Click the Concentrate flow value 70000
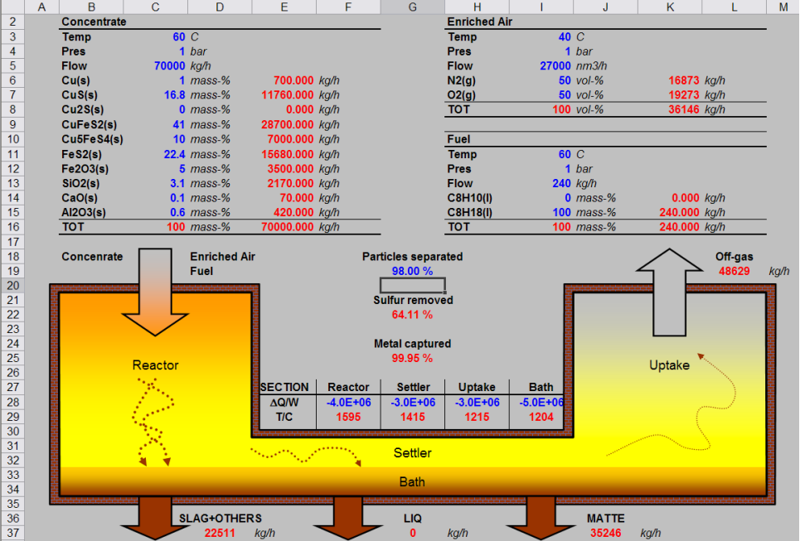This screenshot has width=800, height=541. [169, 66]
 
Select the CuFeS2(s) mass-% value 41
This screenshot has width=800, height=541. [178, 125]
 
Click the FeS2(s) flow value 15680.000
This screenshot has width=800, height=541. [287, 154]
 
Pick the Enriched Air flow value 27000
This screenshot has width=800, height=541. [555, 66]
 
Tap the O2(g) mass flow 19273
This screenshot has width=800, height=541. [684, 95]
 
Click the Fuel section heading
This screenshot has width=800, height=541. [458, 139]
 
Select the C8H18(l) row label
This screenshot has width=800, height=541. [470, 213]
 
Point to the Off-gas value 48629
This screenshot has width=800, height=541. [735, 271]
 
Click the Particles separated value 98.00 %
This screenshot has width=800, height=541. [412, 271]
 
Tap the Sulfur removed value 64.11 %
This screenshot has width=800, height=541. [412, 315]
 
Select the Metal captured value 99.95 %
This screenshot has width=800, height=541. [412, 359]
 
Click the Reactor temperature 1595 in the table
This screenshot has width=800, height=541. [348, 417]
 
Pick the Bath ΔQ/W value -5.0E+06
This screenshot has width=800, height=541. [541, 403]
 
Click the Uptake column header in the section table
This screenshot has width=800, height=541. [477, 388]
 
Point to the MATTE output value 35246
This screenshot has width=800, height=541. [606, 534]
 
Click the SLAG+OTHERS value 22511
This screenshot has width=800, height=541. [220, 534]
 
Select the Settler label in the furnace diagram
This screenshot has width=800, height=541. [412, 453]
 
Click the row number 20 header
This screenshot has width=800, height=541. [12, 286]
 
